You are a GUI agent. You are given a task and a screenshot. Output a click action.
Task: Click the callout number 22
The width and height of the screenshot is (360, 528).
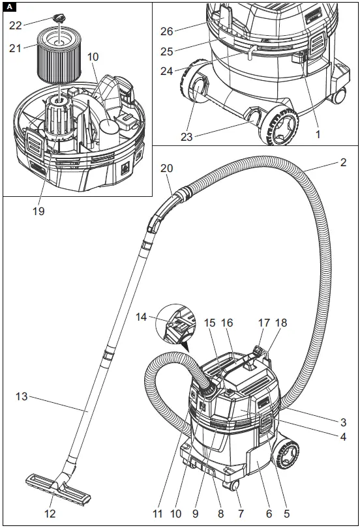15,24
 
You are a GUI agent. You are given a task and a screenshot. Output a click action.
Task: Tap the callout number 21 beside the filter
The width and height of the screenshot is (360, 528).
15,48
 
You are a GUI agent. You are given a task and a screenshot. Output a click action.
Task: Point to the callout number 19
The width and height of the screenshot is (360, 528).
40,211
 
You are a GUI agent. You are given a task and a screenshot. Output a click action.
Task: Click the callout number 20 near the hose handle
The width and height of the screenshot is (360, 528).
167,169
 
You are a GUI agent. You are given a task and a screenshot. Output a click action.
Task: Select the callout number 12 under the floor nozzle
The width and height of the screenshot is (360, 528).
50,514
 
